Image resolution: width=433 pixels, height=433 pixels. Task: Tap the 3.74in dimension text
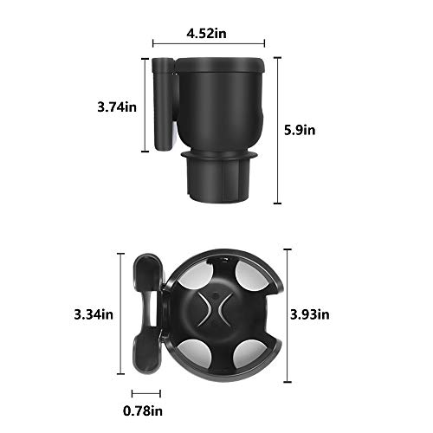[x=117, y=107]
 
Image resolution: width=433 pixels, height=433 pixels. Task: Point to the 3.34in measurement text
[x=94, y=313]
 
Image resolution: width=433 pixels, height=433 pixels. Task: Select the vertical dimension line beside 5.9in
[x=277, y=130]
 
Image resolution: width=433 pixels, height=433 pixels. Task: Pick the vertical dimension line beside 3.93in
[x=287, y=313]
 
